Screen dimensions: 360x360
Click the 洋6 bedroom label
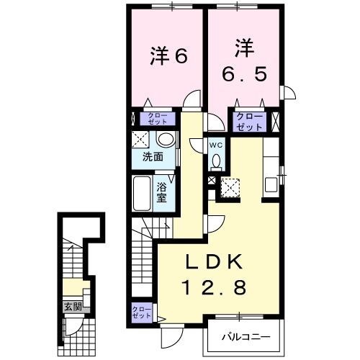(169, 55)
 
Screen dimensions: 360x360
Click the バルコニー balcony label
(245, 336)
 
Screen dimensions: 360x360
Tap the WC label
(217, 144)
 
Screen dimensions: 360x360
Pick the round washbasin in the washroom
(166, 139)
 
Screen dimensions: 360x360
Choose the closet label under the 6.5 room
(248, 120)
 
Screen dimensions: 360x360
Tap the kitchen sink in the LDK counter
(271, 184)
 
